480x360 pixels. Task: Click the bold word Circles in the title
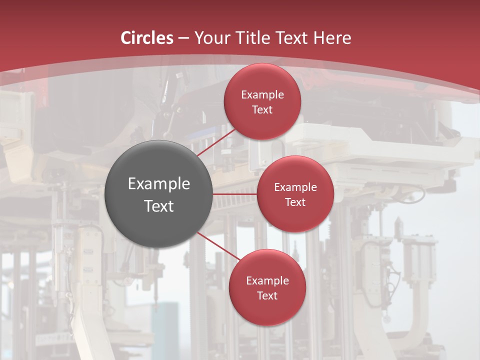click(147, 38)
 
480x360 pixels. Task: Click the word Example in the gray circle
click(159, 184)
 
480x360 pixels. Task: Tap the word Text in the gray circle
click(159, 206)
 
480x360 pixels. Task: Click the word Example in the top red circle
click(262, 95)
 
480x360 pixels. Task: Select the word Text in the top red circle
click(262, 109)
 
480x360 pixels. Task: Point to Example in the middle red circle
click(295, 187)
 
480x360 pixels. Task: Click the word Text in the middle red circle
click(295, 202)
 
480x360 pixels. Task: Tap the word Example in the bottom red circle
click(267, 281)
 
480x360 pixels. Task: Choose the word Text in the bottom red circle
click(267, 295)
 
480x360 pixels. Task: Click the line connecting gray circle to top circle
click(216, 142)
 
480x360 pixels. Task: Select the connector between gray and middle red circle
click(235, 193)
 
